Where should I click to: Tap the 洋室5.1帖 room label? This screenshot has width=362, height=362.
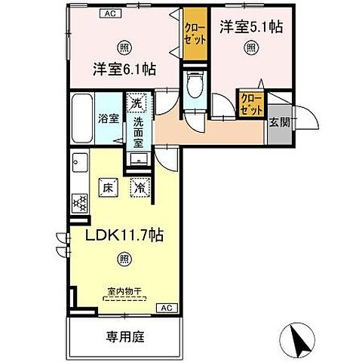[252, 27]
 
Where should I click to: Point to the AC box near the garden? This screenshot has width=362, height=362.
[167, 308]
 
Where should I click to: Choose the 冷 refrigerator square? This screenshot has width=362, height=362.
[140, 189]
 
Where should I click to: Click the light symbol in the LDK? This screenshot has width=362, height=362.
[123, 259]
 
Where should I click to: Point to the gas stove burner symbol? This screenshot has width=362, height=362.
[78, 203]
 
